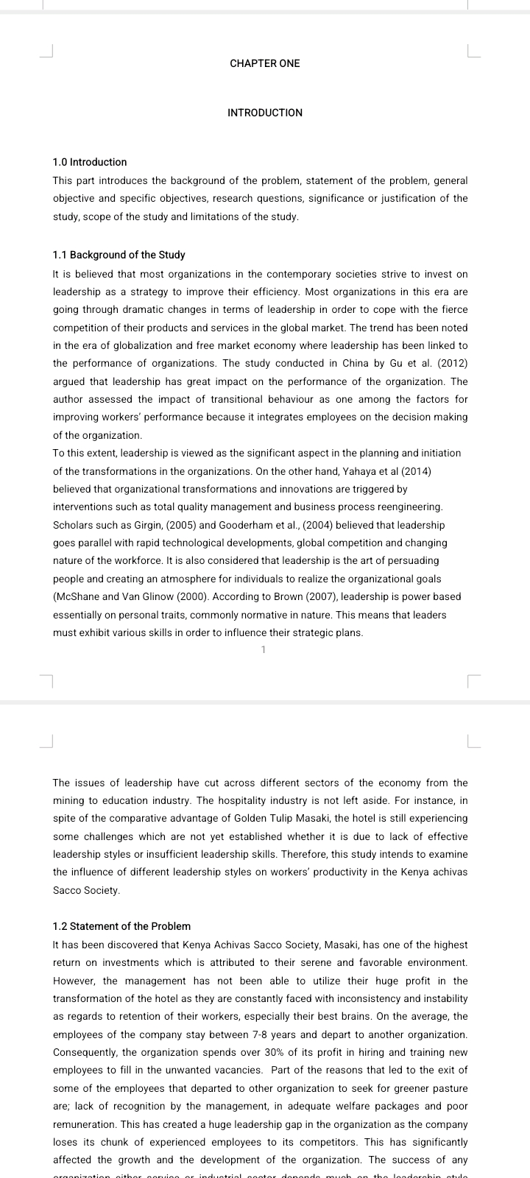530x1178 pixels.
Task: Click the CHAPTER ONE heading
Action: [x=265, y=63]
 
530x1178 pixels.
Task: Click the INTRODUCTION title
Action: [x=265, y=113]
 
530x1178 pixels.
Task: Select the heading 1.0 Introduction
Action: [x=90, y=162]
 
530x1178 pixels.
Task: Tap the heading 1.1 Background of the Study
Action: [x=119, y=255]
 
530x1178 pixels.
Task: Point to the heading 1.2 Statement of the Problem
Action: [x=121, y=926]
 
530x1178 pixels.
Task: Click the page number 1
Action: [x=264, y=649]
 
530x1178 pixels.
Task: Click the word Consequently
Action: [x=85, y=1052]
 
